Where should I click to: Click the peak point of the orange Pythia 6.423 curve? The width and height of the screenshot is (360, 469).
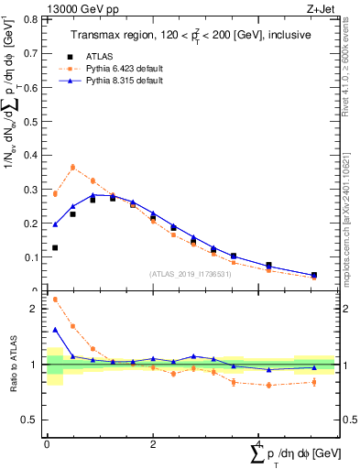tap(73, 167)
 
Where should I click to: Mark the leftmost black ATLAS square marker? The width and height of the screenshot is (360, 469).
tap(55, 247)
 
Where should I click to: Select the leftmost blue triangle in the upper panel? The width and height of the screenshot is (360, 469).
tap(55, 224)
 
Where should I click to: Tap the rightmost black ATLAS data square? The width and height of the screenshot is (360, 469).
tap(314, 275)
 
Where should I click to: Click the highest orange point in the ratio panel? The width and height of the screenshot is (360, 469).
tap(55, 299)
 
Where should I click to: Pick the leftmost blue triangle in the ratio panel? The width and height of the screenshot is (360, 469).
tap(55, 330)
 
